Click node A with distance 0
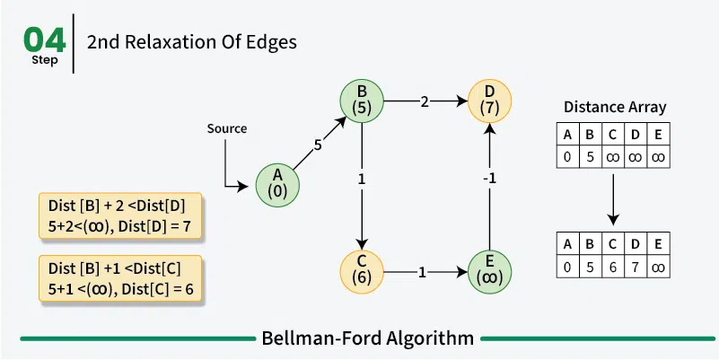coord(277,183)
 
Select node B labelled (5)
coord(361,100)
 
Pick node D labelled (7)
coord(488,100)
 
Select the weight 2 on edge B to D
coord(425,101)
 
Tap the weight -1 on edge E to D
coord(489,178)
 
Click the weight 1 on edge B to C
coord(361,179)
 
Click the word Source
coord(226,128)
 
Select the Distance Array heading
coord(615,107)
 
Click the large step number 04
coord(43,40)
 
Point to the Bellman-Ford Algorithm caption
coord(367,338)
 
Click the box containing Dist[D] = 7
coord(121,216)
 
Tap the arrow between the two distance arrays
coord(614,198)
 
